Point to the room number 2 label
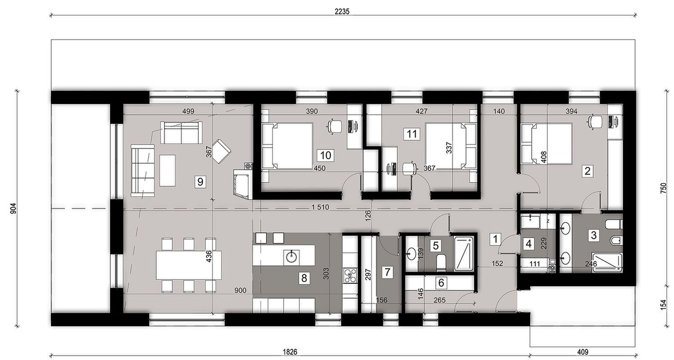pos(587,171)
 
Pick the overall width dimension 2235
pos(342,12)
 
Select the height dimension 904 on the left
pos(13,209)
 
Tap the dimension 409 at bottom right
pos(583,351)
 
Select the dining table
pos(189,264)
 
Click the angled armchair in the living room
pos(221,151)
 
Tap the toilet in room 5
pos(441,261)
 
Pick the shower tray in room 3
pos(606,263)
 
